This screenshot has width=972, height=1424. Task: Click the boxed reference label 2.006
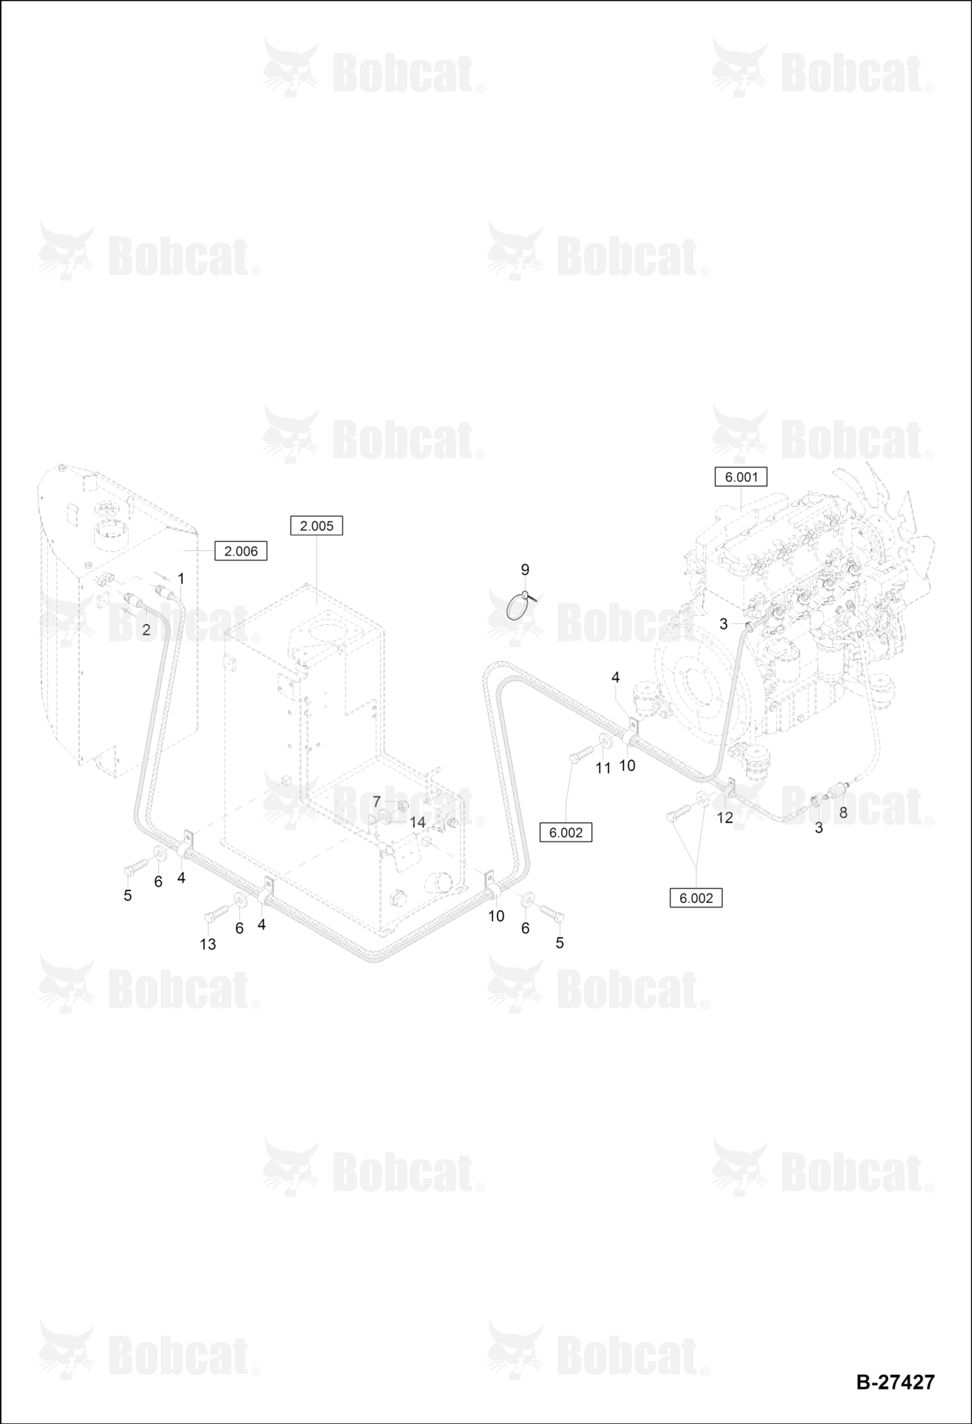pos(241,550)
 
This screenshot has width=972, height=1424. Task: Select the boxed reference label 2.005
pos(317,525)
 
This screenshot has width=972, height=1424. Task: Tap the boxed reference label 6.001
pos(741,476)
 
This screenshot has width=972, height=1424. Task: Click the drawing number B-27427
pos(895,1382)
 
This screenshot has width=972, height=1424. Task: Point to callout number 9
pos(526,570)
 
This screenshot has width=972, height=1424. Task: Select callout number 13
pos(208,944)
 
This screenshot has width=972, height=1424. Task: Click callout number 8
pos(843,812)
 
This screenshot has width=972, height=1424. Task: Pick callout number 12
pos(725,817)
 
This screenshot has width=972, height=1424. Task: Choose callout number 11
pos(603,768)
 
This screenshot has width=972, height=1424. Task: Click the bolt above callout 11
pos(581,753)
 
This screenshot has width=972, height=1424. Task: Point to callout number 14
pos(417,822)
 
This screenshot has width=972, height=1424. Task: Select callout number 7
pos(377,802)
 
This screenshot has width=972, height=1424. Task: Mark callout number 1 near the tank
pos(181,577)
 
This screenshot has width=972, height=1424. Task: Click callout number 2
pos(146,629)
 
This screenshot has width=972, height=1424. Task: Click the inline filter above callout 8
pos(841,791)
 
